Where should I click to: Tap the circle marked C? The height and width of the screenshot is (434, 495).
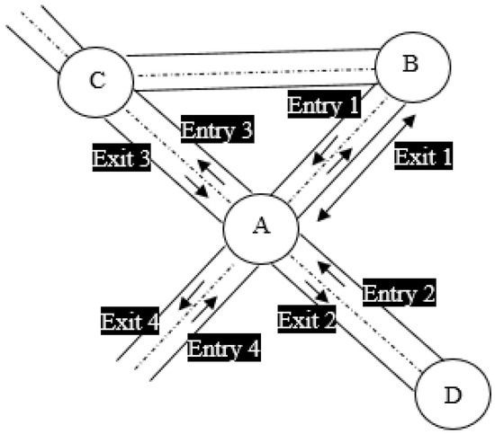[x=95, y=80]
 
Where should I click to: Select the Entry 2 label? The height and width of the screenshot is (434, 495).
[x=399, y=294]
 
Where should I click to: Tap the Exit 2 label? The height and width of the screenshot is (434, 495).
[x=306, y=319]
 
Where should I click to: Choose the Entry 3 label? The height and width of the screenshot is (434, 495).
[x=215, y=130]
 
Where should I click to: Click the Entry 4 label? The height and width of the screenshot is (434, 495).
[x=223, y=348]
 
